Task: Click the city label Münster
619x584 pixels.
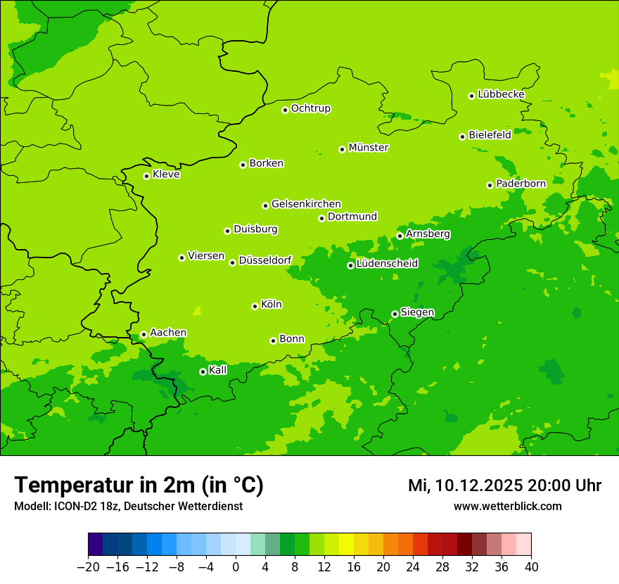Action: click(368, 148)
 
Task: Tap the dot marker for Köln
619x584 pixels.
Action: click(255, 306)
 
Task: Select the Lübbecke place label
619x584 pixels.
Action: click(501, 94)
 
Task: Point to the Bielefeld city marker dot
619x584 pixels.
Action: click(462, 137)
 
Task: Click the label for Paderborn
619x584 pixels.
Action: click(521, 184)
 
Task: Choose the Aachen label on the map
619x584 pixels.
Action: click(168, 333)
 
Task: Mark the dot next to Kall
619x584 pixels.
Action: click(203, 372)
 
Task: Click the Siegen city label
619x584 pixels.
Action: click(417, 312)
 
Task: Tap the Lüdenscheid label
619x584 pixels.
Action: click(387, 264)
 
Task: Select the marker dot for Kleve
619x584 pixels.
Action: click(146, 176)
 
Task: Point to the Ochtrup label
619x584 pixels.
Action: click(310, 108)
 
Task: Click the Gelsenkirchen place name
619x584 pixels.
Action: click(306, 204)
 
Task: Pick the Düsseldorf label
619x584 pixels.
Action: click(265, 260)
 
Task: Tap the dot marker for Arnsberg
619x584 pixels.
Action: click(400, 236)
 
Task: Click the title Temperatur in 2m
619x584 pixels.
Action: click(139, 485)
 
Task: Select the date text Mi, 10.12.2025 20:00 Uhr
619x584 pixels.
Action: click(504, 485)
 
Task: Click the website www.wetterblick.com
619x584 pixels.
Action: click(507, 507)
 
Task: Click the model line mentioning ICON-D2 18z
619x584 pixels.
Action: click(128, 507)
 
